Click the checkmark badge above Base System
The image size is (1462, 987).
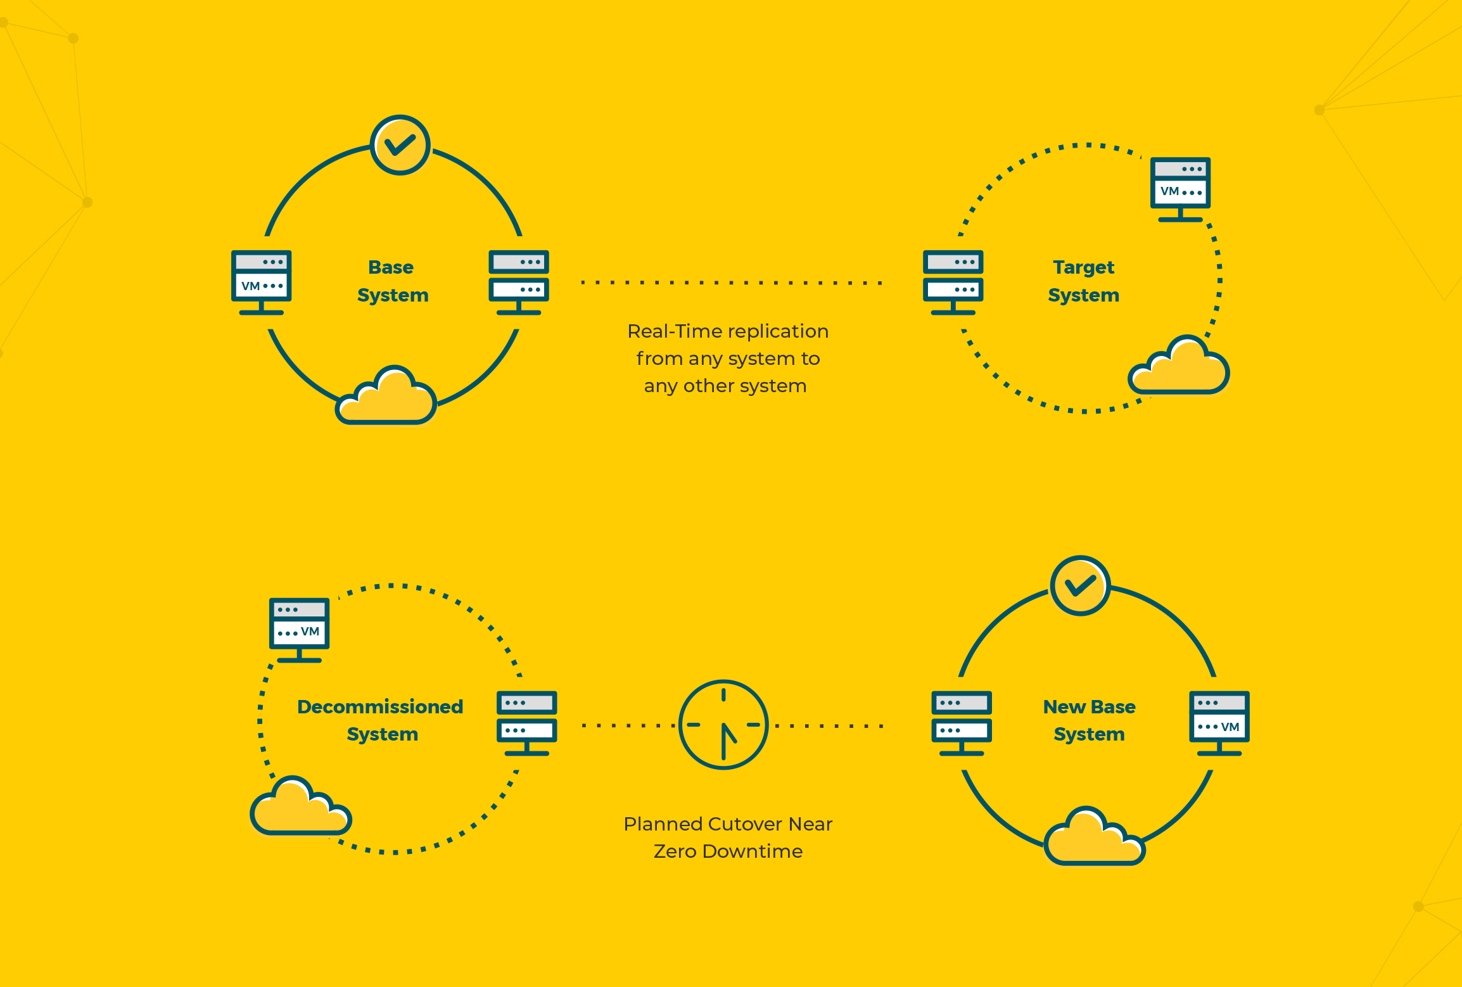(x=400, y=145)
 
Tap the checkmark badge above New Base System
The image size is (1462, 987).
(x=1080, y=585)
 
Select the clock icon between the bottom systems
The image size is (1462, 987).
(x=723, y=725)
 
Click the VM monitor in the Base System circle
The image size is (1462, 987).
(x=262, y=283)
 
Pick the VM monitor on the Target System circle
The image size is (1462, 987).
(x=1180, y=189)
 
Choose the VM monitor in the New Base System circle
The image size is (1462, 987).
(x=1219, y=723)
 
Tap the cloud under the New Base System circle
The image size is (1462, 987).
(x=1095, y=836)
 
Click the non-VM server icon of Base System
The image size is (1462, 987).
(x=519, y=283)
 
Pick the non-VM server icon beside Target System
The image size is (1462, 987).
(x=953, y=283)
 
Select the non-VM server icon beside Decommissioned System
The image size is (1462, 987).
(x=527, y=723)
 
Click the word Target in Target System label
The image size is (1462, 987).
(x=1083, y=268)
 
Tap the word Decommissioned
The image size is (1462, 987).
(x=380, y=706)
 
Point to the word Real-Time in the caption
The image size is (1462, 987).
(x=673, y=331)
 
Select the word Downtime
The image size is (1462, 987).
(x=753, y=851)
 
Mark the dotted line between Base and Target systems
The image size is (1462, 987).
(x=732, y=283)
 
